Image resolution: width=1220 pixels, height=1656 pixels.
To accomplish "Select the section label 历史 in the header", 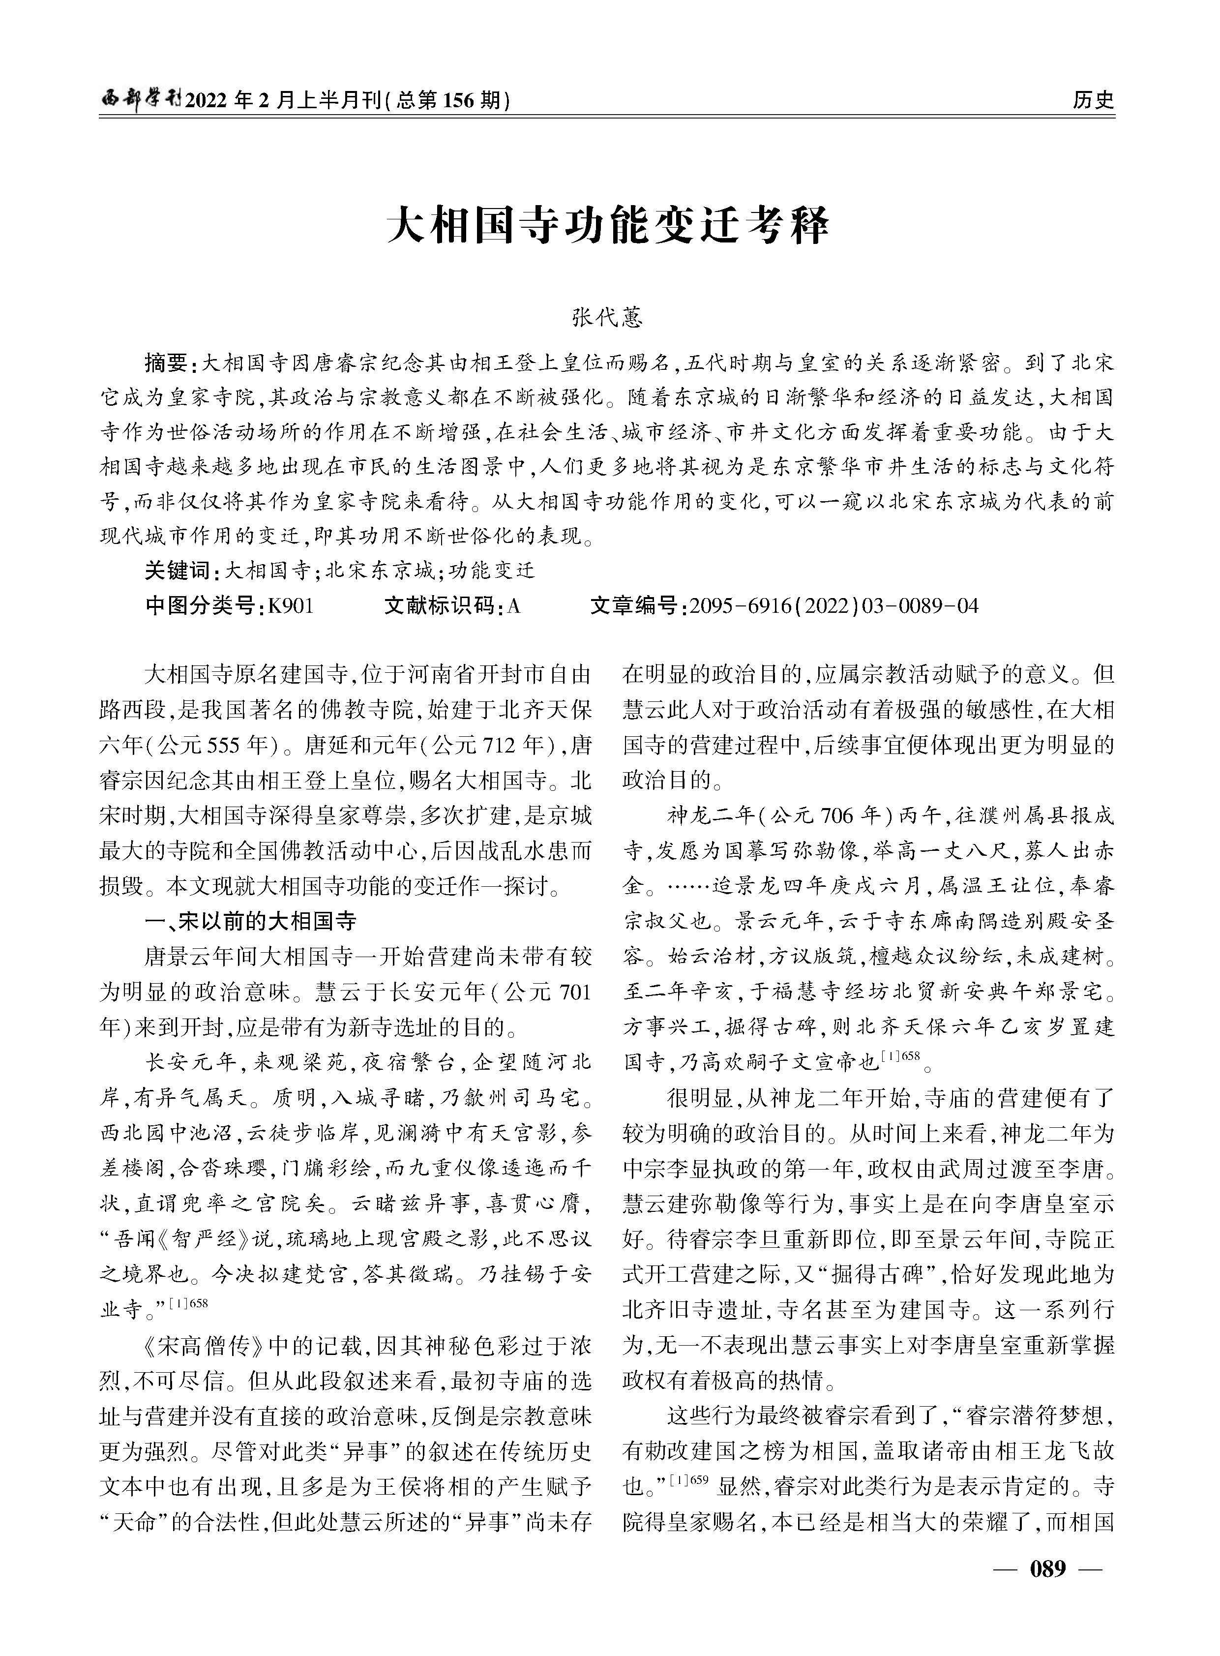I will [1093, 100].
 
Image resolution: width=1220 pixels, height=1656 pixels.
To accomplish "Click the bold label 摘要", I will [168, 363].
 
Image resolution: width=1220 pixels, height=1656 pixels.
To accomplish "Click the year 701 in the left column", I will [574, 992].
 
